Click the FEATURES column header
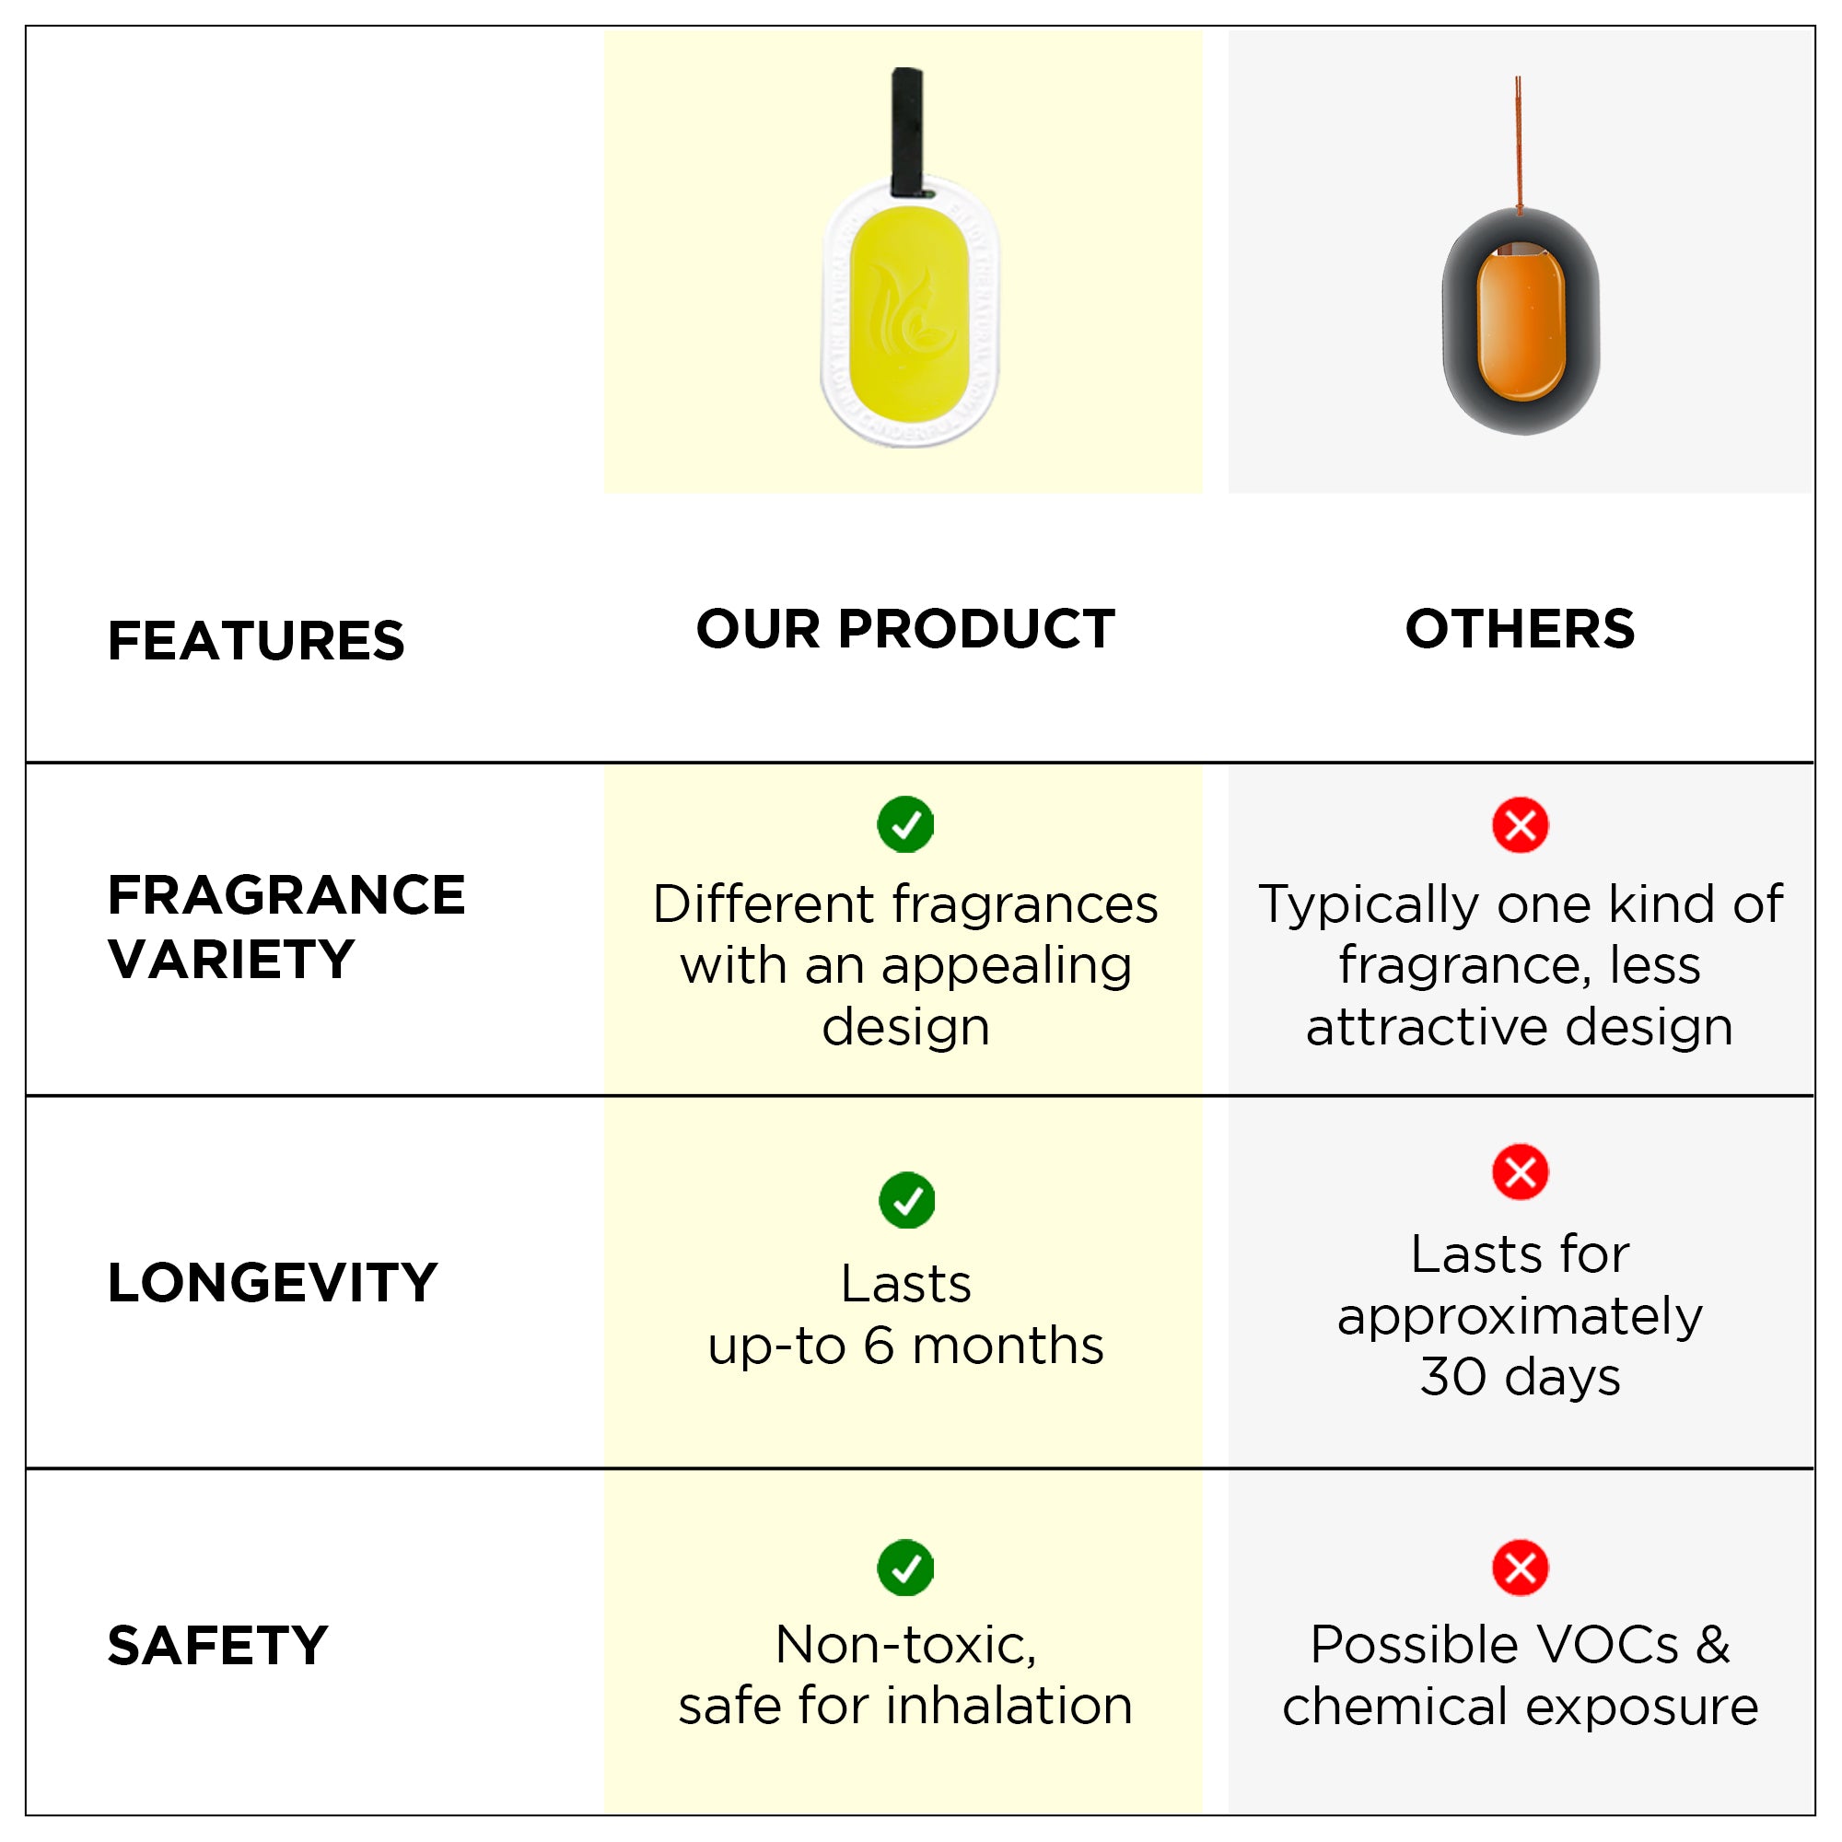pyautogui.click(x=255, y=641)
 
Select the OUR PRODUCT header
pyautogui.click(x=905, y=629)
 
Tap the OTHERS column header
pyautogui.click(x=1521, y=629)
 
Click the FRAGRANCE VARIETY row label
pyautogui.click(x=286, y=927)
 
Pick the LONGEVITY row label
pyautogui.click(x=273, y=1282)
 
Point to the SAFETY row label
pyautogui.click(x=218, y=1646)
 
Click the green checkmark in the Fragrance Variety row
pyautogui.click(x=905, y=824)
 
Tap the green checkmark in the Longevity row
pyautogui.click(x=906, y=1200)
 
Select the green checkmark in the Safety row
pyautogui.click(x=905, y=1568)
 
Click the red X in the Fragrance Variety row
pyautogui.click(x=1521, y=824)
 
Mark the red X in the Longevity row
pyautogui.click(x=1521, y=1172)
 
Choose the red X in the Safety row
pyautogui.click(x=1521, y=1568)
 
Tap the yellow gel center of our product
pyautogui.click(x=910, y=315)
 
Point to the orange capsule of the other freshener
pyautogui.click(x=1521, y=321)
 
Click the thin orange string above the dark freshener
pyautogui.click(x=1519, y=143)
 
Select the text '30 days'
pyautogui.click(x=1521, y=1377)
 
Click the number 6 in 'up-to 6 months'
pyautogui.click(x=879, y=1346)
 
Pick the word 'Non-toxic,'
pyautogui.click(x=905, y=1646)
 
